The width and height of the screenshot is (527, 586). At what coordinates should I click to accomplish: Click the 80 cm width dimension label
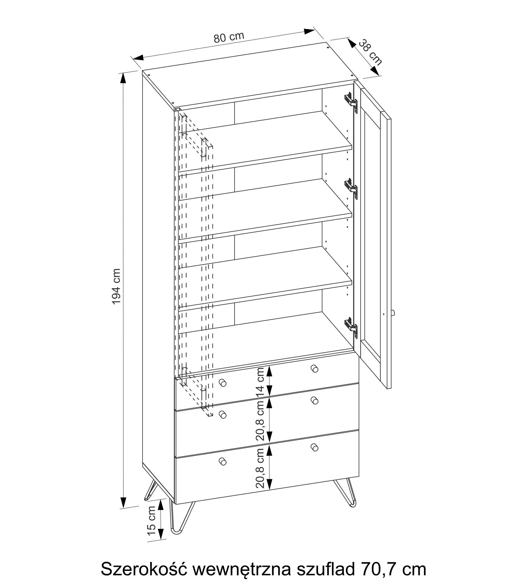(229, 37)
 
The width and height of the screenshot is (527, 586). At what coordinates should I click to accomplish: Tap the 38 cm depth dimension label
(370, 52)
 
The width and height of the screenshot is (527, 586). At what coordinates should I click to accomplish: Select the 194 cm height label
(116, 286)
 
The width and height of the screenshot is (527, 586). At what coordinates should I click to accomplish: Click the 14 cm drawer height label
(261, 382)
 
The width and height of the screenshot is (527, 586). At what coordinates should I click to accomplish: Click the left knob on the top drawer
(222, 383)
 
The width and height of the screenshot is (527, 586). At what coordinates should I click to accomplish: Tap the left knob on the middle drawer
(222, 414)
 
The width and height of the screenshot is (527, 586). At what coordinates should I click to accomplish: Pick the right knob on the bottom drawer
(314, 447)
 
